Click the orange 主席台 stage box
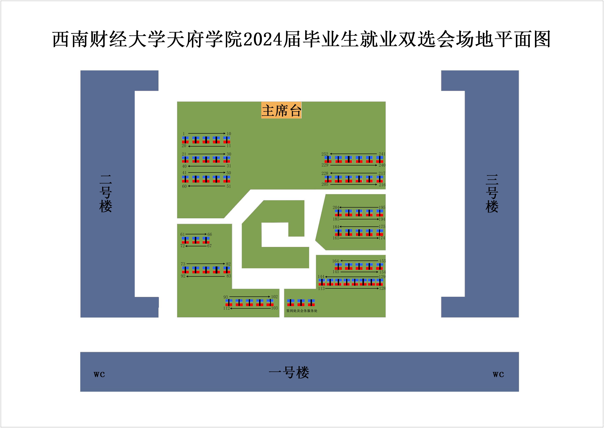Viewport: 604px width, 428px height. [x=281, y=110]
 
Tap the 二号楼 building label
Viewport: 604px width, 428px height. [x=106, y=194]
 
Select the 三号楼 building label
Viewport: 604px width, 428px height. [x=492, y=194]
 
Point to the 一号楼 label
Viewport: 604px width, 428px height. [x=289, y=372]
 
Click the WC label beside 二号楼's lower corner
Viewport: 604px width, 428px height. [x=99, y=374]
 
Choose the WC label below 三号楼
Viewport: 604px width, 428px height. [x=498, y=374]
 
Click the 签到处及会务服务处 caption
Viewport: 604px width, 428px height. [x=302, y=311]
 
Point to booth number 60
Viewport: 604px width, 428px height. [x=184, y=186]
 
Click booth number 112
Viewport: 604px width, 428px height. [x=226, y=308]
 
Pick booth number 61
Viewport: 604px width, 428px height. [x=182, y=234]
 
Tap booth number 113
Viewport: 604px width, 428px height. [x=321, y=289]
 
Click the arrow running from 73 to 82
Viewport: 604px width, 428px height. [x=206, y=264]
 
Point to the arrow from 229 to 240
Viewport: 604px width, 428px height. [x=353, y=165]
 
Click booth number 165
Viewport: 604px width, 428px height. [x=336, y=238]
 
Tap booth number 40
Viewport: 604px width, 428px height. [x=184, y=166]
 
